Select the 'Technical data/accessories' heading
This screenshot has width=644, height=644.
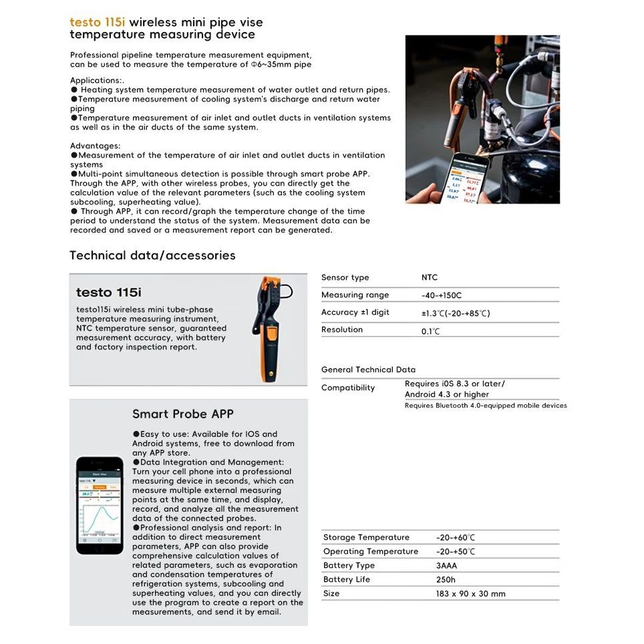click(x=152, y=255)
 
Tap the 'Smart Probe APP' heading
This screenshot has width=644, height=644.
click(x=183, y=414)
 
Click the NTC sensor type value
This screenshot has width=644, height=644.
click(x=430, y=278)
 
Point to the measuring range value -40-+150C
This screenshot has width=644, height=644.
click(x=442, y=295)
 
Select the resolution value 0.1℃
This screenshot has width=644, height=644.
click(x=431, y=331)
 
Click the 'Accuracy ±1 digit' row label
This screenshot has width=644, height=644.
click(x=355, y=313)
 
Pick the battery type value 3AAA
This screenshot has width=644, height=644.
click(x=447, y=566)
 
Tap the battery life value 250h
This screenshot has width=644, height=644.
click(x=446, y=580)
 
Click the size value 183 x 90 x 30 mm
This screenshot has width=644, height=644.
click(x=470, y=594)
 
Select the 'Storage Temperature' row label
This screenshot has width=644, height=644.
click(x=366, y=538)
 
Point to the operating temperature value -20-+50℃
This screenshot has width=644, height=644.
click(x=456, y=552)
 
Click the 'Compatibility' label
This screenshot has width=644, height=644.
click(x=348, y=388)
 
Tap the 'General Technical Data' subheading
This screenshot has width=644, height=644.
click(x=368, y=370)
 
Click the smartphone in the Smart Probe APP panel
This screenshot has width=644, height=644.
click(x=100, y=505)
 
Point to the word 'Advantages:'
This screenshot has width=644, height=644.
click(x=96, y=146)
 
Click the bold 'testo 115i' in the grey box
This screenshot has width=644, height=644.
click(x=109, y=293)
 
